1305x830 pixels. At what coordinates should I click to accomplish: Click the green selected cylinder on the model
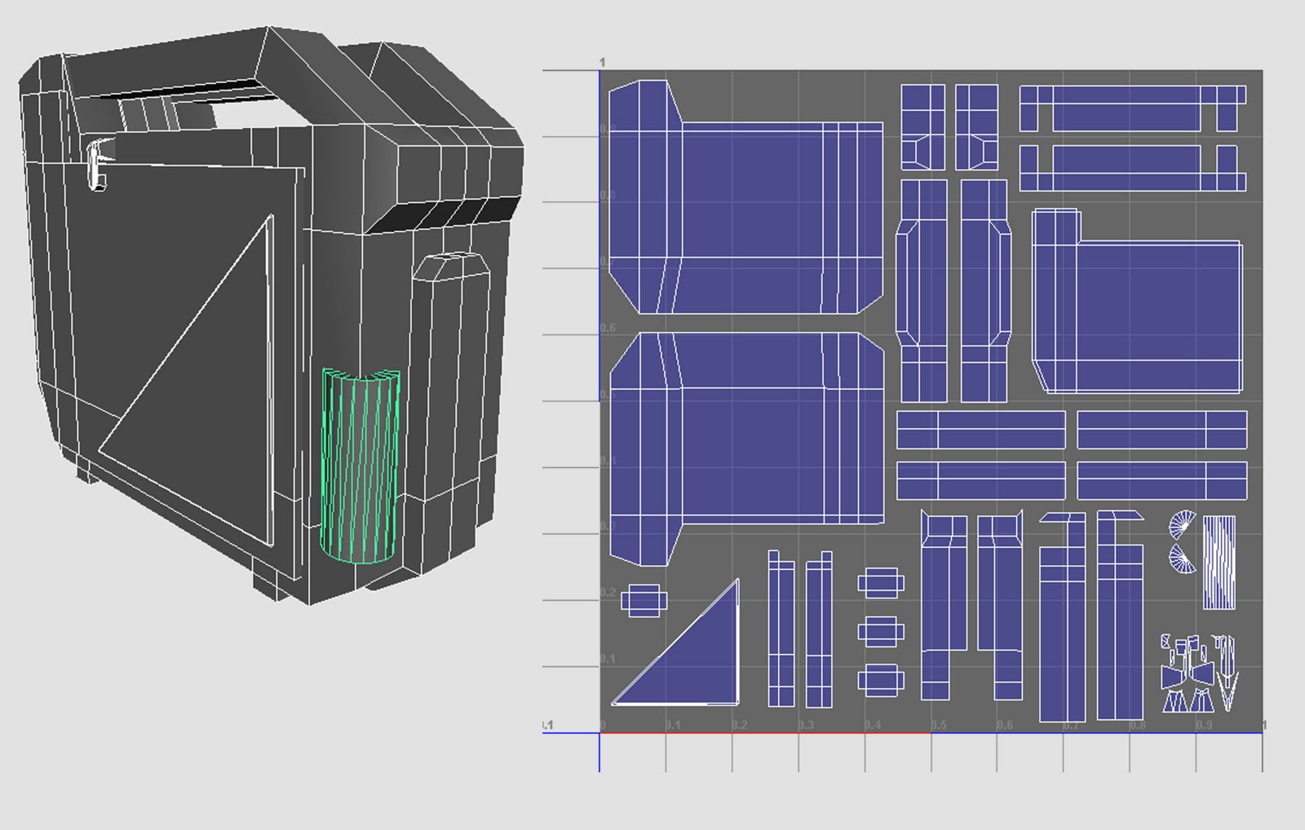pyautogui.click(x=360, y=467)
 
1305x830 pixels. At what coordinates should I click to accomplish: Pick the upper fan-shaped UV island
pyautogui.click(x=1184, y=525)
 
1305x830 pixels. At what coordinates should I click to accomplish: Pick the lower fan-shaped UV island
pyautogui.click(x=1184, y=560)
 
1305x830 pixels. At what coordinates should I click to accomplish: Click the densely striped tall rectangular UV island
pyautogui.click(x=1219, y=562)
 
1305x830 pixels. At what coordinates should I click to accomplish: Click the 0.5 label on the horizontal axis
pyautogui.click(x=939, y=725)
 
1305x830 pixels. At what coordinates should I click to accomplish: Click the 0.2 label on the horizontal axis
pyautogui.click(x=739, y=725)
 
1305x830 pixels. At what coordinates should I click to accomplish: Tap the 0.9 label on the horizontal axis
pyautogui.click(x=1204, y=725)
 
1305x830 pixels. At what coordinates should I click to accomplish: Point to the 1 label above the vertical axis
pyautogui.click(x=602, y=63)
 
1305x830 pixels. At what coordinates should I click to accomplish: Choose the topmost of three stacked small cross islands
pyautogui.click(x=880, y=582)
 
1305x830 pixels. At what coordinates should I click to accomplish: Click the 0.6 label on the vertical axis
pyautogui.click(x=608, y=328)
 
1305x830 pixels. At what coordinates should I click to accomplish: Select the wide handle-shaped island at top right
pyautogui.click(x=1132, y=107)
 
